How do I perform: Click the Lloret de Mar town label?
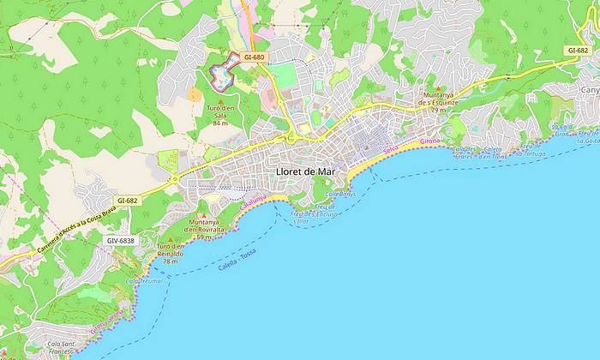pos(306,171)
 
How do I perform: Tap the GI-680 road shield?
pos(255,57)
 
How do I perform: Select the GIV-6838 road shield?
pos(120,241)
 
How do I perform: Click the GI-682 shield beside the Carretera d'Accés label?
pos(128,201)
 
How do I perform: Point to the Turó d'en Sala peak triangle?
pos(220,102)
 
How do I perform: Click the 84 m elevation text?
pos(220,123)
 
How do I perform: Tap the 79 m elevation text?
pos(438,110)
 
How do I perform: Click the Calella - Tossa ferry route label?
pos(237,258)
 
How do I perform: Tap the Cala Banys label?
pos(340,195)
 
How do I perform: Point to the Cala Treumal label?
pos(144,280)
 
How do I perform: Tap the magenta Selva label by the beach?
pos(392,150)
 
